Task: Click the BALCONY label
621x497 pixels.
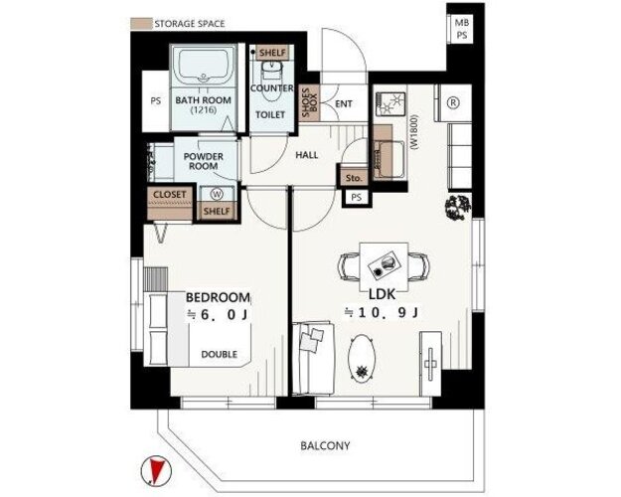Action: tap(325, 446)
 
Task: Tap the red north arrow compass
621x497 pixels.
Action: tap(156, 470)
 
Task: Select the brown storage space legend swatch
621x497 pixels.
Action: tap(141, 24)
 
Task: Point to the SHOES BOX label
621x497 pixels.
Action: tap(310, 102)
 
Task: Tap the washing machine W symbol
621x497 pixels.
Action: tap(217, 194)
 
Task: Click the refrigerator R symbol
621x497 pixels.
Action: tap(453, 102)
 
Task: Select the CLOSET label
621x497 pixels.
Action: tap(169, 195)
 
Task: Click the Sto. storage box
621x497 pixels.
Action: tap(354, 178)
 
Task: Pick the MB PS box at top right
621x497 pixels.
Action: tap(461, 29)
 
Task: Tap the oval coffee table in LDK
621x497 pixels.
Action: tap(362, 359)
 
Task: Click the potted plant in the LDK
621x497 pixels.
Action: tap(458, 207)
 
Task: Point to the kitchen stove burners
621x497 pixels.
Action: tap(390, 103)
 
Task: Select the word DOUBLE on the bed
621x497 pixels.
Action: tap(220, 354)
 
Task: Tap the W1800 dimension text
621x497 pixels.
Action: tap(414, 132)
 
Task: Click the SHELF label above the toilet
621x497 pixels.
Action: tap(272, 53)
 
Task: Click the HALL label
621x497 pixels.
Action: tap(307, 155)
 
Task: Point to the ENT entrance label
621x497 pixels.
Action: tap(344, 103)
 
